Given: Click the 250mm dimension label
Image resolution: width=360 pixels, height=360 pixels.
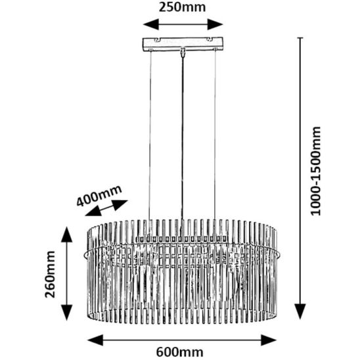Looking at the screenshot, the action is coord(182,8).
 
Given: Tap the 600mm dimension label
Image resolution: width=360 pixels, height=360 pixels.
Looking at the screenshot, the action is coord(180,351).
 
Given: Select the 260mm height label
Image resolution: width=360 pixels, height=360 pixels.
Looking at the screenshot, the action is coord(50,275).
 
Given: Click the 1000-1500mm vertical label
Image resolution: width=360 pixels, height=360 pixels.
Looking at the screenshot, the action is coord(315,171).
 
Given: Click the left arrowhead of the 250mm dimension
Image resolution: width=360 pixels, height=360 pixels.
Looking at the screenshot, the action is coord(151,24).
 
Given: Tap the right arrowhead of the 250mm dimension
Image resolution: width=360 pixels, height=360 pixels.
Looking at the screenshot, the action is coord(215,24).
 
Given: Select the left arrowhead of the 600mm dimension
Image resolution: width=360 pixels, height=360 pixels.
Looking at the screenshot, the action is coord(95,340).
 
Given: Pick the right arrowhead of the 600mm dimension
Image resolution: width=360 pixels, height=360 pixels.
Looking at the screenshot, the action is coord(269,340).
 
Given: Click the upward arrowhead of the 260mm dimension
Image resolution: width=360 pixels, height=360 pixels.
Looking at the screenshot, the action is coord(67,235).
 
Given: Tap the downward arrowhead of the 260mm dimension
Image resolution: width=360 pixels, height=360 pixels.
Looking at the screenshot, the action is coord(67,313).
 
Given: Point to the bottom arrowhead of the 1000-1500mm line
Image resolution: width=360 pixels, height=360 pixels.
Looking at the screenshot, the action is coord(300,311).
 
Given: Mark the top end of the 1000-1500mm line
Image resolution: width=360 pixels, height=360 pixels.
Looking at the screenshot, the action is coord(300,37).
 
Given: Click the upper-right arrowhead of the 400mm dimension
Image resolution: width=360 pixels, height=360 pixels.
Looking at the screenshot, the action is coord(120,204).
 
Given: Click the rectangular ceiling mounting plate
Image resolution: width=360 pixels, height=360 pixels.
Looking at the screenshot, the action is coord(183,44).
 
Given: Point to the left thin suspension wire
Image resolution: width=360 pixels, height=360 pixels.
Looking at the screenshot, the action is coord(150,135).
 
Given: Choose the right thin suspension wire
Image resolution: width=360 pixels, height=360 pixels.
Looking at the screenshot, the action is coord(215,135).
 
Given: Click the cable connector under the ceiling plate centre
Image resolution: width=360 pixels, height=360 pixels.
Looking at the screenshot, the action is coord(183,52).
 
